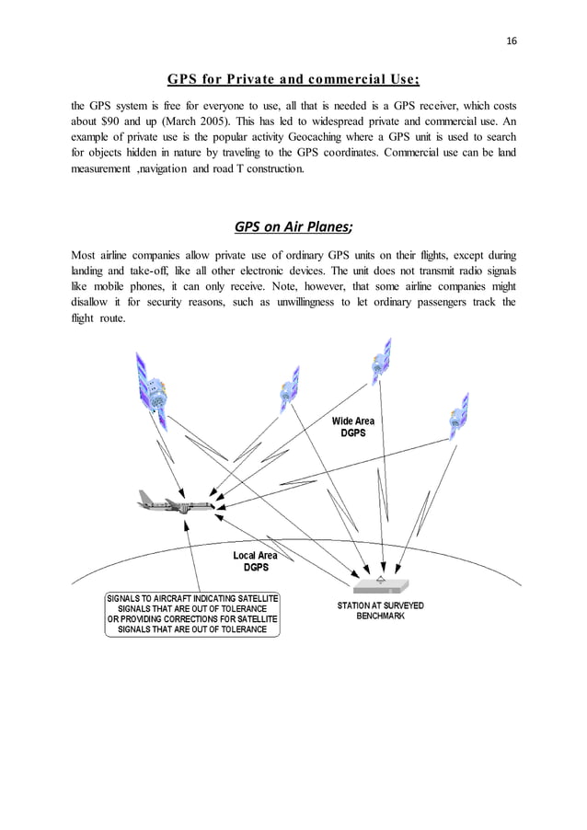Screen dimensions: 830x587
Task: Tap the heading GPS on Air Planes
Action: (x=293, y=227)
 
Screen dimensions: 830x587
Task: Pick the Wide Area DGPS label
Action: (x=352, y=427)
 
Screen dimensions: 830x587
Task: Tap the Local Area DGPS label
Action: (x=255, y=561)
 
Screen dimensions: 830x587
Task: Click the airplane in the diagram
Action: (x=175, y=501)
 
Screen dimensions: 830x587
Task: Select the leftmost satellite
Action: (x=153, y=391)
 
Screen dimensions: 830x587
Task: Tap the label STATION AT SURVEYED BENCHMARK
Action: (x=380, y=611)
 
